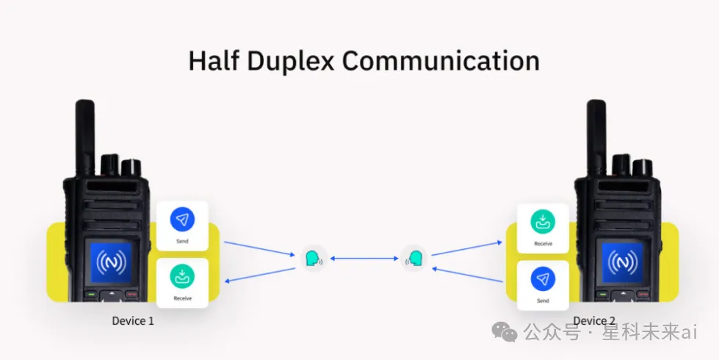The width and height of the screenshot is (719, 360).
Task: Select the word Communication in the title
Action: (x=441, y=60)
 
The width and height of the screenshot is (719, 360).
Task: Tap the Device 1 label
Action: (x=133, y=321)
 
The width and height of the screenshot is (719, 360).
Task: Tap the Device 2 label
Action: (x=594, y=321)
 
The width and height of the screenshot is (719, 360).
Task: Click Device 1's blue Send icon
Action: (x=182, y=219)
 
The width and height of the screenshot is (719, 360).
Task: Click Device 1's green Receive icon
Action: (x=182, y=277)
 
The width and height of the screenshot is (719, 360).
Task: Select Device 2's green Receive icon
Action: (x=543, y=221)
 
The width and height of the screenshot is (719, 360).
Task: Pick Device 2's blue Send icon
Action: (x=543, y=278)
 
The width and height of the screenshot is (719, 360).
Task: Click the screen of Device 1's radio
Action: (x=111, y=262)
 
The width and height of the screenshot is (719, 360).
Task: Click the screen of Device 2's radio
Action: (x=621, y=262)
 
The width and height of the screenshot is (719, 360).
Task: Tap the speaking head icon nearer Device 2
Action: (x=415, y=259)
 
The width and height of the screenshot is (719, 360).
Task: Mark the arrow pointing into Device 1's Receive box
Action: (x=257, y=270)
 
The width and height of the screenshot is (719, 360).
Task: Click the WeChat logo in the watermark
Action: (x=509, y=333)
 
